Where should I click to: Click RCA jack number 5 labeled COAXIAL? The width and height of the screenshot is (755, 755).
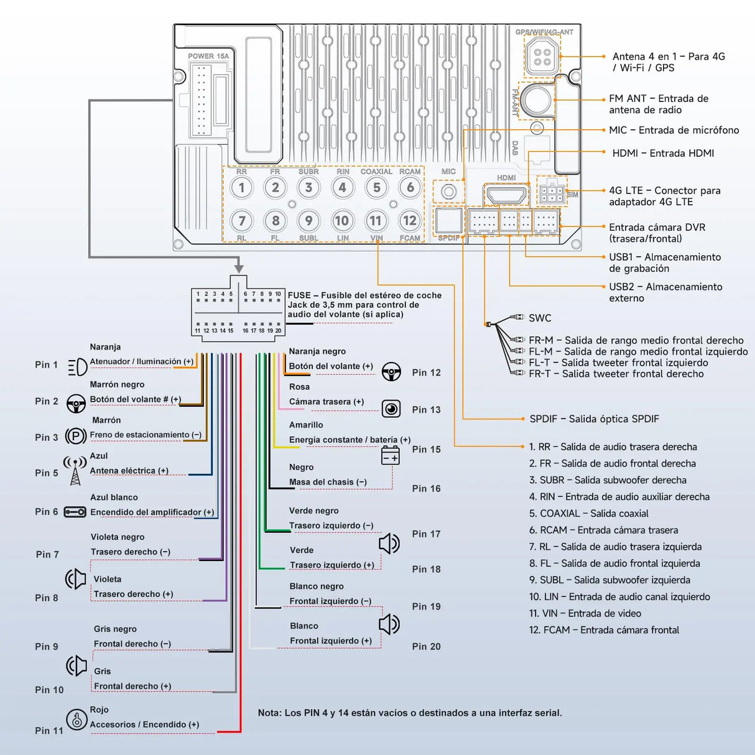tap(376, 188)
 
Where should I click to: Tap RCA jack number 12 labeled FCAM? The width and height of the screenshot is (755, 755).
tap(409, 220)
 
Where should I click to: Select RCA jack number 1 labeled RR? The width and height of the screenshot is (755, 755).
tap(241, 188)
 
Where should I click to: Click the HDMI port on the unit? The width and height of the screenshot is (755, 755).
tap(506, 195)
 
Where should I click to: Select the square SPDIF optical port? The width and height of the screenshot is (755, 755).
tap(448, 220)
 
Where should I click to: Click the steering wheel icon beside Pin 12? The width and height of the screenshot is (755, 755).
tap(391, 371)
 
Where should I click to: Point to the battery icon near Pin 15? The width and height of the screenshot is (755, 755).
tap(391, 455)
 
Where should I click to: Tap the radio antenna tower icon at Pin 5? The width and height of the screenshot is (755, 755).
tap(75, 471)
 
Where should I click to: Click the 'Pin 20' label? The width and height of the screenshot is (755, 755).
tap(426, 647)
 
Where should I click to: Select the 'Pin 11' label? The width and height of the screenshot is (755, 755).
tap(49, 731)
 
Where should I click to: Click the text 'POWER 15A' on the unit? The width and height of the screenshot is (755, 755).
tap(208, 56)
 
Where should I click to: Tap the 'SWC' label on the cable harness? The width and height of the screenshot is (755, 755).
tap(540, 318)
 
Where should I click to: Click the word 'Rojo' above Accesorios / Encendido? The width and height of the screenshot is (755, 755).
tap(100, 710)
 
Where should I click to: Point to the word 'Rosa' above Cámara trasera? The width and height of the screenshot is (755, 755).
tap(299, 387)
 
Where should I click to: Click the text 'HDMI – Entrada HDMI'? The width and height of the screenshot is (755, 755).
tap(663, 153)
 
